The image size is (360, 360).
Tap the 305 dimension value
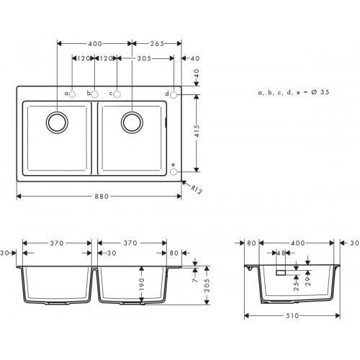(x=144, y=59)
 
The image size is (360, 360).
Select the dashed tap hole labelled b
(x=96, y=94)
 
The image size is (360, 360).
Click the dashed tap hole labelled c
(x=118, y=94)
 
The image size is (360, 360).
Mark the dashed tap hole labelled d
(x=174, y=94)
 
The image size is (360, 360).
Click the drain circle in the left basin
(x=56, y=122)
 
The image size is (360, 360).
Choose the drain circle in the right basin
(x=132, y=122)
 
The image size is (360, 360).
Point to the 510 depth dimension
(x=292, y=315)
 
